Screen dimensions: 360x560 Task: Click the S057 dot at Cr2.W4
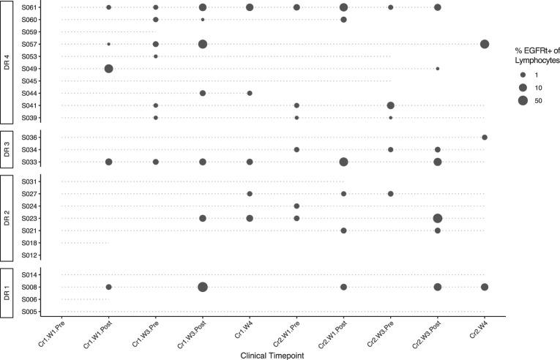(485, 45)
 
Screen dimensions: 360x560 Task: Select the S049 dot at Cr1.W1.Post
(108, 69)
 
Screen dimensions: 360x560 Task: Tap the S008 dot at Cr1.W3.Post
(203, 287)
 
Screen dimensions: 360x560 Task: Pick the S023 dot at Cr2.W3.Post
(438, 218)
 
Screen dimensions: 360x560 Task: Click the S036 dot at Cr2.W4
(485, 138)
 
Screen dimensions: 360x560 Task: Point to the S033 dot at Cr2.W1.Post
(343, 162)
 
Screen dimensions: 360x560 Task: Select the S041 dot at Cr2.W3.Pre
(390, 106)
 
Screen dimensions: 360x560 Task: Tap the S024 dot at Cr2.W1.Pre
(296, 206)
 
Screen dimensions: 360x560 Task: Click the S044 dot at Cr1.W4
(250, 93)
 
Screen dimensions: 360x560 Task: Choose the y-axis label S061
(30, 7)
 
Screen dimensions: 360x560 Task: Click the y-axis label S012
(30, 255)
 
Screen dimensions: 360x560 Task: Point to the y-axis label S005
(30, 312)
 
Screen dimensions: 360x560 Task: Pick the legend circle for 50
(523, 100)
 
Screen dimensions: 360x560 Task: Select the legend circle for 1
(523, 75)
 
